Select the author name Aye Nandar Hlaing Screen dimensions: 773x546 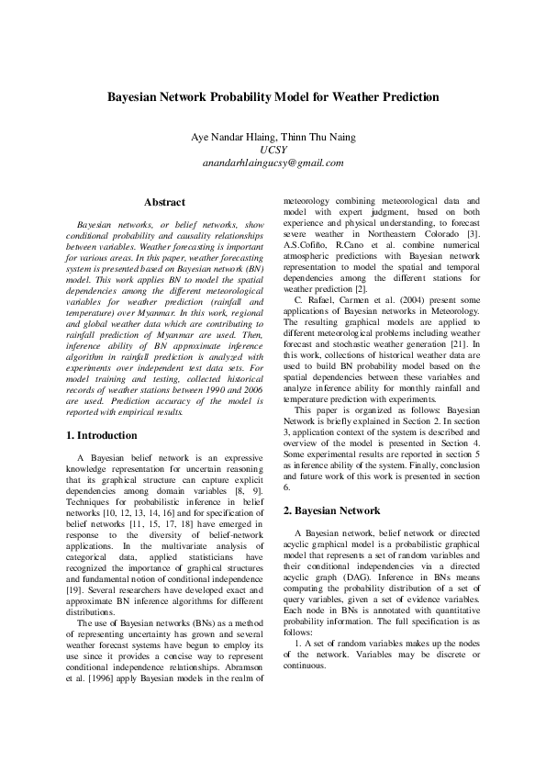click(x=223, y=137)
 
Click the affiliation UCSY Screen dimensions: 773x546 click(x=273, y=150)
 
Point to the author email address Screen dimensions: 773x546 click(x=273, y=162)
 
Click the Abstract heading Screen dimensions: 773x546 click(x=165, y=202)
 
